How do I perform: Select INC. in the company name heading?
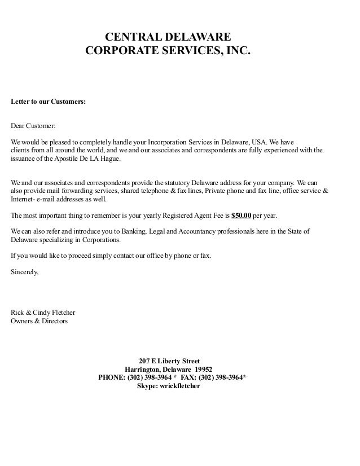(x=235, y=52)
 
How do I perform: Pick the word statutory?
(x=172, y=183)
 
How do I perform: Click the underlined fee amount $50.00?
(x=241, y=216)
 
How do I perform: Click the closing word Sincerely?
(x=25, y=271)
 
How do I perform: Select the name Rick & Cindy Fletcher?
(x=43, y=313)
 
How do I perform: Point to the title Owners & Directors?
(x=39, y=321)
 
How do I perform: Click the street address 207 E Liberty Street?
(x=169, y=361)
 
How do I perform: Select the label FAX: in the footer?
(x=188, y=378)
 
